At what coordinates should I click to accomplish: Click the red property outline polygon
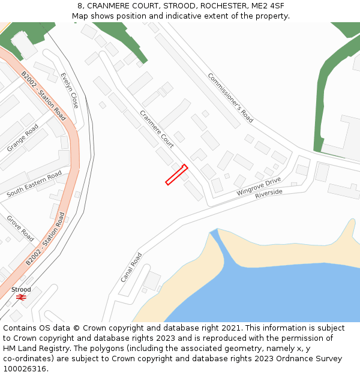[x=176, y=175]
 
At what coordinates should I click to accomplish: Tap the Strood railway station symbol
[x=21, y=297]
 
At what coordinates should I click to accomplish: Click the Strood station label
[x=21, y=290]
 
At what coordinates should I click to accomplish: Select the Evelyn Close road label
[x=70, y=91]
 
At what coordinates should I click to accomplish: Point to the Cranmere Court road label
[x=157, y=129]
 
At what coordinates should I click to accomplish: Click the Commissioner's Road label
[x=230, y=98]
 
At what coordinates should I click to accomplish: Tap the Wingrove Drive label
[x=259, y=187]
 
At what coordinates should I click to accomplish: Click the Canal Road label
[x=131, y=268]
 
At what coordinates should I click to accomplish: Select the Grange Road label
[x=23, y=138]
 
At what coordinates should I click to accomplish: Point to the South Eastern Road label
[x=34, y=184]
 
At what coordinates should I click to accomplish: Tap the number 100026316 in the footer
[x=25, y=368]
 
